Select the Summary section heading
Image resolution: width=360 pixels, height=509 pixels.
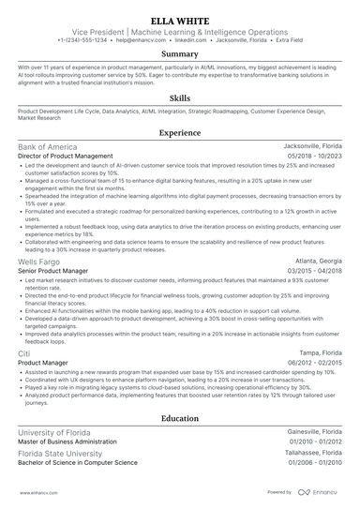click(x=180, y=54)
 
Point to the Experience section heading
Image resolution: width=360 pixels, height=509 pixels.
click(x=180, y=134)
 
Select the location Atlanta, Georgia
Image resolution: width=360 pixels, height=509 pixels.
click(x=319, y=262)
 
